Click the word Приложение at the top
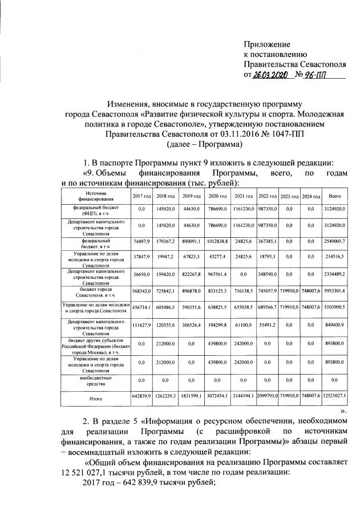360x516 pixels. point(267,44)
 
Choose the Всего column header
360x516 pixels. point(335,196)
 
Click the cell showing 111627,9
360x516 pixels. point(140,328)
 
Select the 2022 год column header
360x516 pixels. point(267,196)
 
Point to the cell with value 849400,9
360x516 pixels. point(335,328)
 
